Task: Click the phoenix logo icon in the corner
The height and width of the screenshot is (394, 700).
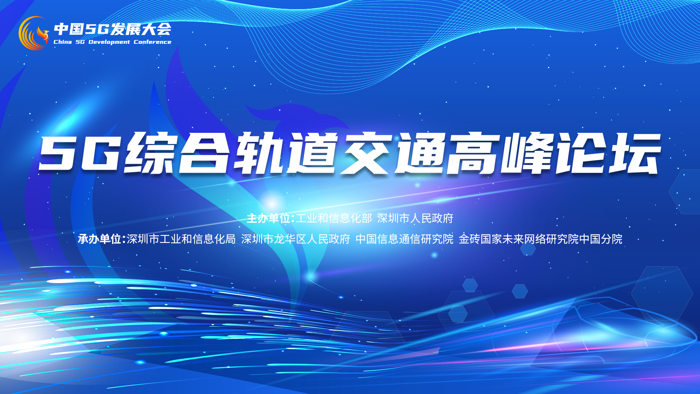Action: pyautogui.click(x=34, y=33)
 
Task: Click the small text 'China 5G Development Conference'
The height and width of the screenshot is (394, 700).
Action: pyautogui.click(x=112, y=42)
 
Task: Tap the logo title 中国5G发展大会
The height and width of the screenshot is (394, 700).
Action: pyautogui.click(x=113, y=29)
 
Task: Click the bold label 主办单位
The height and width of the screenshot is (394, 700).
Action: pyautogui.click(x=269, y=218)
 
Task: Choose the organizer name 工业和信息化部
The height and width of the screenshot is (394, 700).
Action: pyautogui.click(x=334, y=218)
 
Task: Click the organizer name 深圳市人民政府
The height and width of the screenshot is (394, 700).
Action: pyautogui.click(x=415, y=218)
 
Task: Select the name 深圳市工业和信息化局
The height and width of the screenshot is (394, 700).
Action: pyautogui.click(x=181, y=239)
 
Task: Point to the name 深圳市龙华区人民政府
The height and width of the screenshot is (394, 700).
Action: pyautogui.click(x=296, y=239)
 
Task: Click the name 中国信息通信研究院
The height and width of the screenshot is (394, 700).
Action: pyautogui.click(x=405, y=239)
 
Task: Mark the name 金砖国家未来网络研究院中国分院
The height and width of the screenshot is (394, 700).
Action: pyautogui.click(x=541, y=239)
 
